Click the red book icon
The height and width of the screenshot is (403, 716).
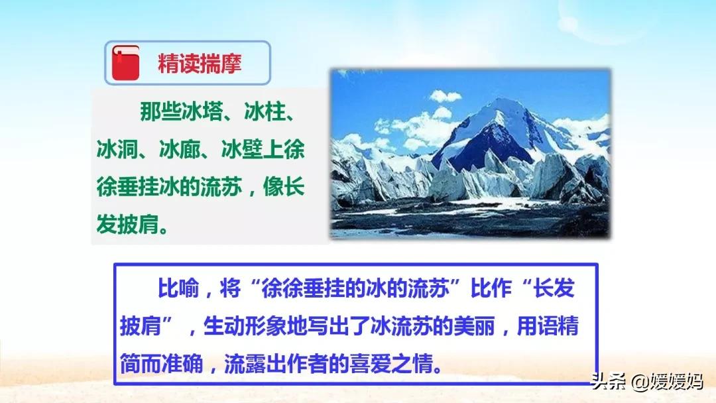[125, 63]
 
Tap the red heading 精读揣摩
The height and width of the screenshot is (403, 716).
[200, 64]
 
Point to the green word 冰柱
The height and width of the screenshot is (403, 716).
[265, 112]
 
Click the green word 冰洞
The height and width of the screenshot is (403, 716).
[117, 150]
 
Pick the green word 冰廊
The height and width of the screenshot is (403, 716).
[180, 150]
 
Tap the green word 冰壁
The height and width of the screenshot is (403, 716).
[243, 150]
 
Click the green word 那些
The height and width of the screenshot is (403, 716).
[160, 112]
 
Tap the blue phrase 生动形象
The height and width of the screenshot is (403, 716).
[244, 326]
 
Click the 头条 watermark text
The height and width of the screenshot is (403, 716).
[608, 381]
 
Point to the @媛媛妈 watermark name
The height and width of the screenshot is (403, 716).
[667, 381]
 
